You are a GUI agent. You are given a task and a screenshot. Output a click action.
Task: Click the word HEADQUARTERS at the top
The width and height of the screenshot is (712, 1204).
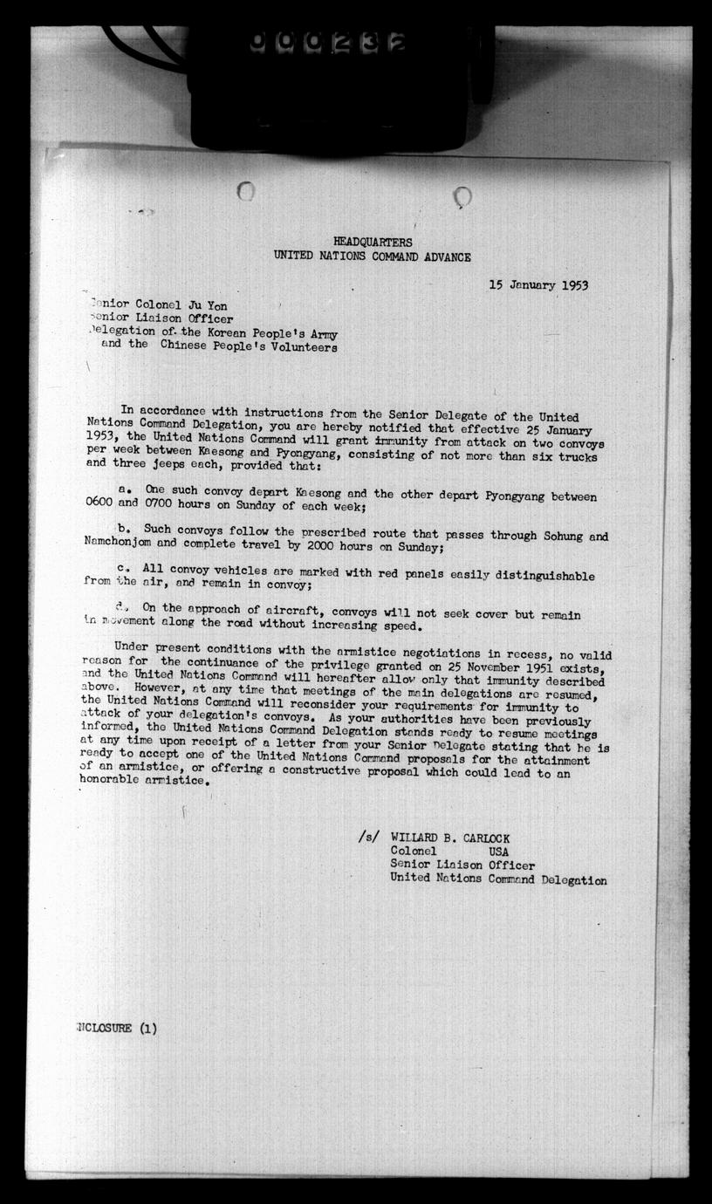[x=373, y=242]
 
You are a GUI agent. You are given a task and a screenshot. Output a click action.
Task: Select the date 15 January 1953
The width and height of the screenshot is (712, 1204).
[x=537, y=285]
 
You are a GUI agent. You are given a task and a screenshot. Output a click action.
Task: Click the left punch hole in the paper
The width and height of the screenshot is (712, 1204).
[x=246, y=190]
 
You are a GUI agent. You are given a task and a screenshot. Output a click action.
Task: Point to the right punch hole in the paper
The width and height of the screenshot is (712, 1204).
[x=463, y=197]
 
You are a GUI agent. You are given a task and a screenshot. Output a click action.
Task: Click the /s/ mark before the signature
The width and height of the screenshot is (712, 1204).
[x=368, y=836]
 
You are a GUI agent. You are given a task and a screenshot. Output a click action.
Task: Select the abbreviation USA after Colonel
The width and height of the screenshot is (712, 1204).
[x=499, y=852]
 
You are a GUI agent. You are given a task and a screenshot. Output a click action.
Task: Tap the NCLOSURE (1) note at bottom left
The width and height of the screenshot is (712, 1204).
[x=117, y=1028]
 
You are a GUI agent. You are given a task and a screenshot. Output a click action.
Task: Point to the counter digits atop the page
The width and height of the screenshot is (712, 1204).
[x=327, y=42]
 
